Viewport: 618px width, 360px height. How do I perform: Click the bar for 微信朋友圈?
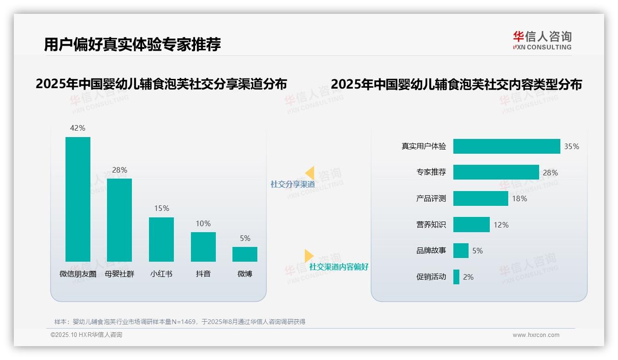[78, 199]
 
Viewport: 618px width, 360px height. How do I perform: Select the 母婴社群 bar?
[119, 220]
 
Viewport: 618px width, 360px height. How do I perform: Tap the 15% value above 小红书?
[161, 209]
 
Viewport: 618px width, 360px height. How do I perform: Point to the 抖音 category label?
[203, 274]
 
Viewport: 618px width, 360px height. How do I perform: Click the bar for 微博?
[245, 254]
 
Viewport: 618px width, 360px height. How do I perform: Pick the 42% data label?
[77, 128]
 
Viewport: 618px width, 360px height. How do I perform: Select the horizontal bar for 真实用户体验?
[506, 146]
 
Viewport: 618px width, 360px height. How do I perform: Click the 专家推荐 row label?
[431, 172]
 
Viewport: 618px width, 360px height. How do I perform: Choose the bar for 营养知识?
[471, 225]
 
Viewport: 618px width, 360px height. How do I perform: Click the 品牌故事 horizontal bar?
[461, 251]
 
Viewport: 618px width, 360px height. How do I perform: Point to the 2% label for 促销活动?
[468, 277]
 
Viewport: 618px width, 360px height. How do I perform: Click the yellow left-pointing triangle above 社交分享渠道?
[310, 173]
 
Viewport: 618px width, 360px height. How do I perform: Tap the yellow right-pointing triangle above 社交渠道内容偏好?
[309, 256]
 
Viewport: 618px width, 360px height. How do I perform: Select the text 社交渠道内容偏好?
[339, 267]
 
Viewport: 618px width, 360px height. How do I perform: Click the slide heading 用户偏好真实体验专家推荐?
[132, 44]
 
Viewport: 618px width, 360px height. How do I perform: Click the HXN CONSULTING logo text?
[542, 47]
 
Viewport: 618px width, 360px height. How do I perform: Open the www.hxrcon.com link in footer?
[536, 335]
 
